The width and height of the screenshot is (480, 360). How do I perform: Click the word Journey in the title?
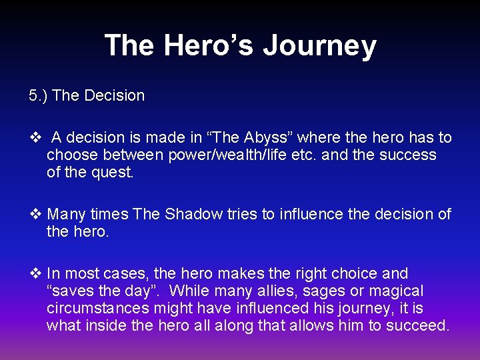coord(319,45)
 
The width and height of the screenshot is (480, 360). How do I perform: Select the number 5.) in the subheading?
coord(38,95)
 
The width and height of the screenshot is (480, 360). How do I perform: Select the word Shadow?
coord(193,214)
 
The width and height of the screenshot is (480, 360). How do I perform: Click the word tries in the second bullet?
coord(245,214)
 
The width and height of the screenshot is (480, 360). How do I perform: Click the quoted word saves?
coord(73,291)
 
